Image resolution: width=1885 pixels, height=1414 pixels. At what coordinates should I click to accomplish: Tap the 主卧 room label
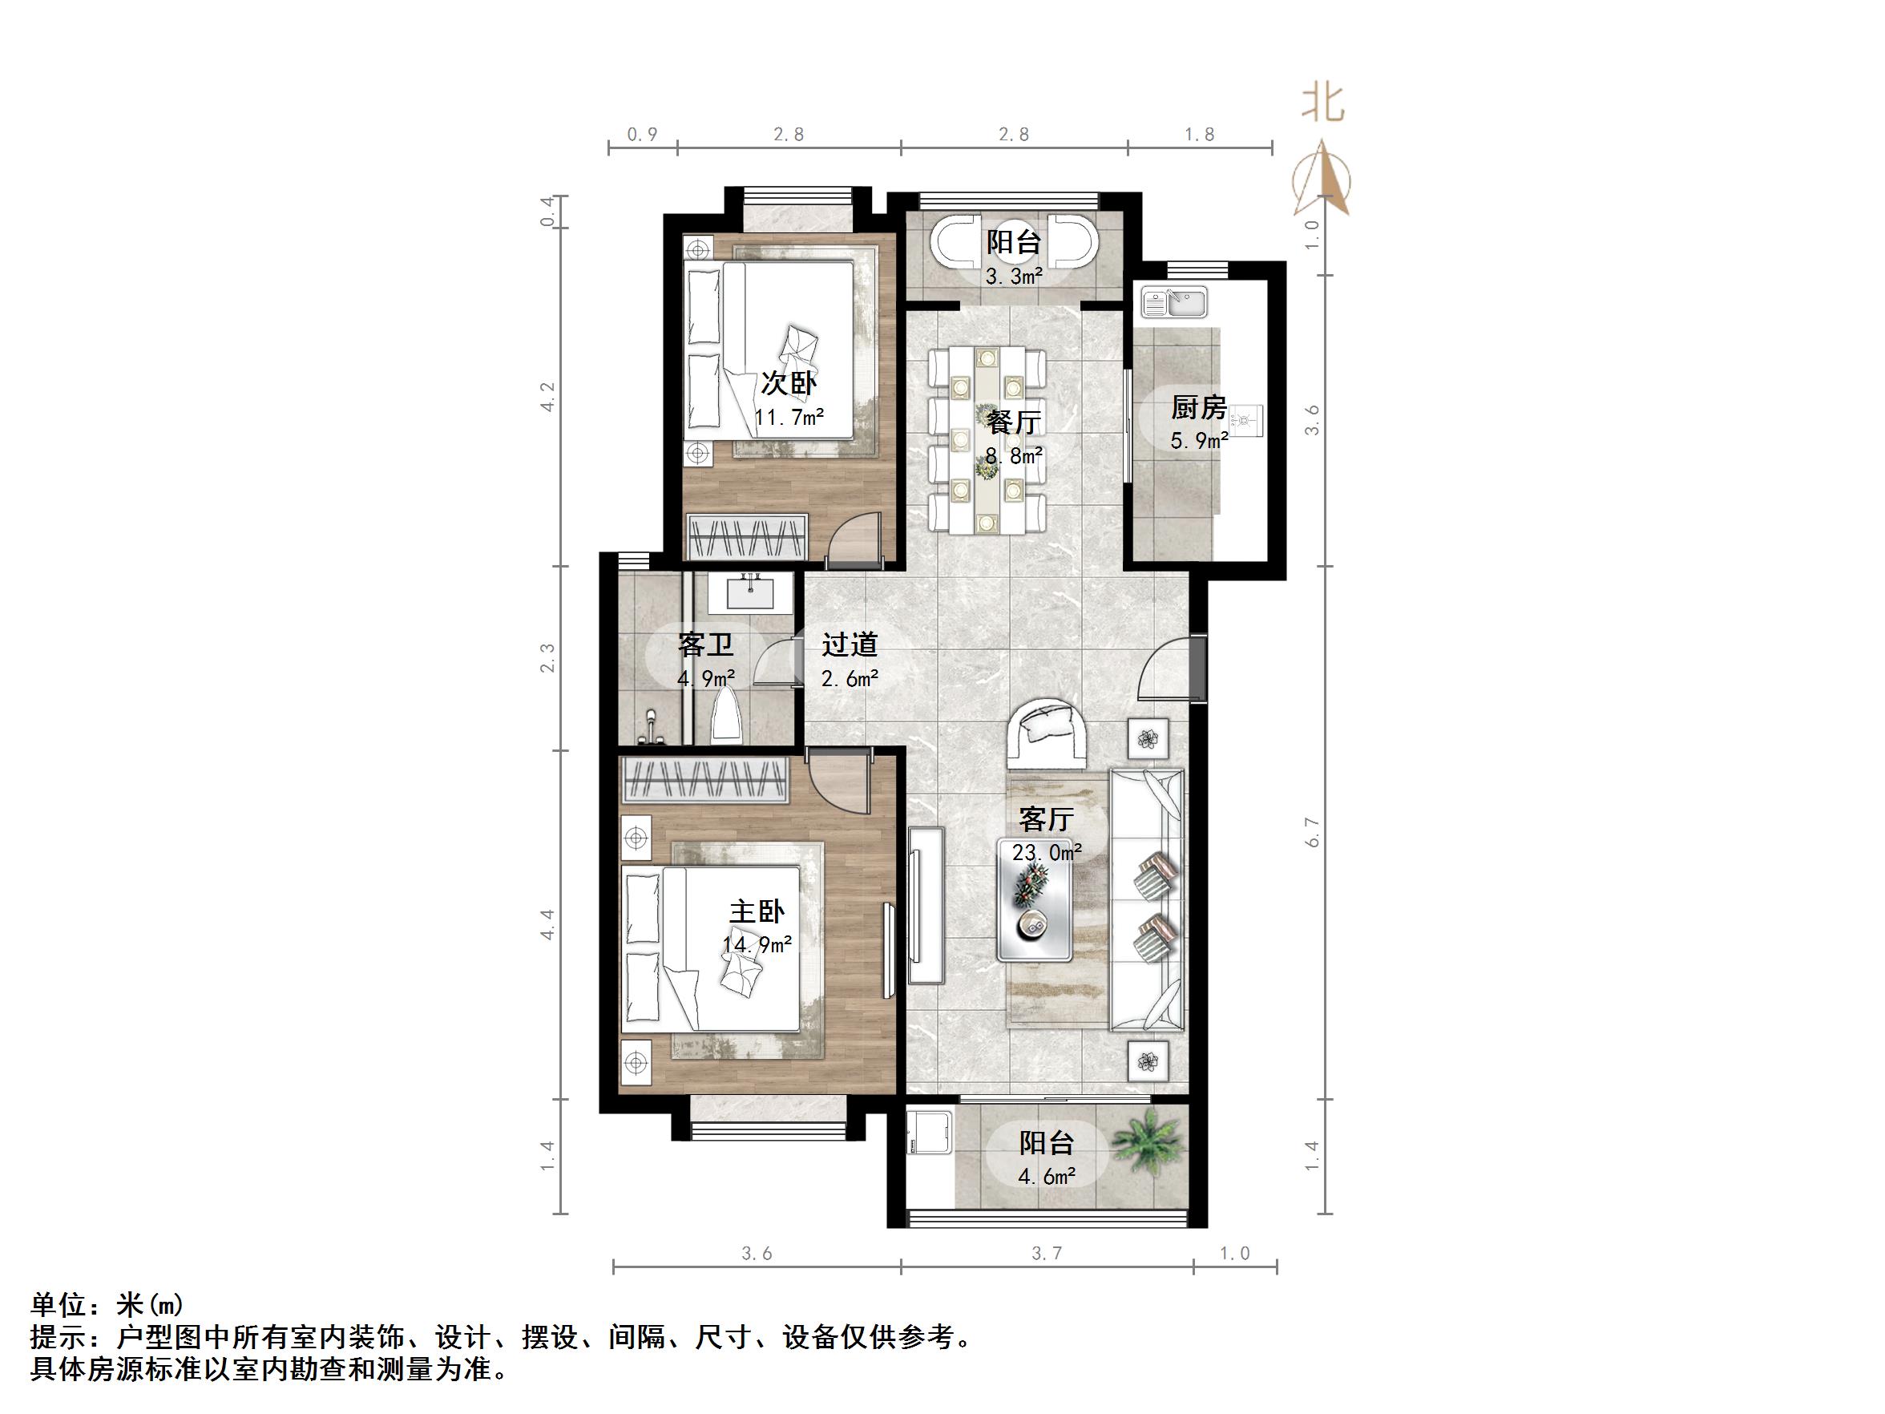tap(757, 911)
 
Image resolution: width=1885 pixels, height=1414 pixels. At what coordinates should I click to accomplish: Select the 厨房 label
tap(1198, 408)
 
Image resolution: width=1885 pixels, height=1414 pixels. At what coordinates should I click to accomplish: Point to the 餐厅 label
tap(1014, 422)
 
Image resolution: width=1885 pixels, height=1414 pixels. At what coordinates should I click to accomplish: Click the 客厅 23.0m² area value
tap(1047, 851)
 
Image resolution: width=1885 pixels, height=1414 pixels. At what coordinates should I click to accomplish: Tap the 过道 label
tap(850, 644)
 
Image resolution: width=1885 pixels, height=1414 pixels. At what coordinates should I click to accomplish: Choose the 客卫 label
tap(705, 645)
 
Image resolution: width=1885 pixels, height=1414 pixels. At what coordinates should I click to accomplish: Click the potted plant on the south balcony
tap(1147, 1142)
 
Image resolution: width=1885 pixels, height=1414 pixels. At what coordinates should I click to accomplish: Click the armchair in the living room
tap(1047, 733)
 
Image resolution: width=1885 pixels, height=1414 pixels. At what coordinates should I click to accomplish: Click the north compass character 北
tap(1322, 104)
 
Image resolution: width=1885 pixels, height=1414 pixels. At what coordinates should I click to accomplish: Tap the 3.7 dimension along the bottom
tap(1047, 1253)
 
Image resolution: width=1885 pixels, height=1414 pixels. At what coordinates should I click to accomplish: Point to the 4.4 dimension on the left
tap(548, 925)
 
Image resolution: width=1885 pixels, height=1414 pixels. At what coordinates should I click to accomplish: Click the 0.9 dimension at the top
tap(642, 135)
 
